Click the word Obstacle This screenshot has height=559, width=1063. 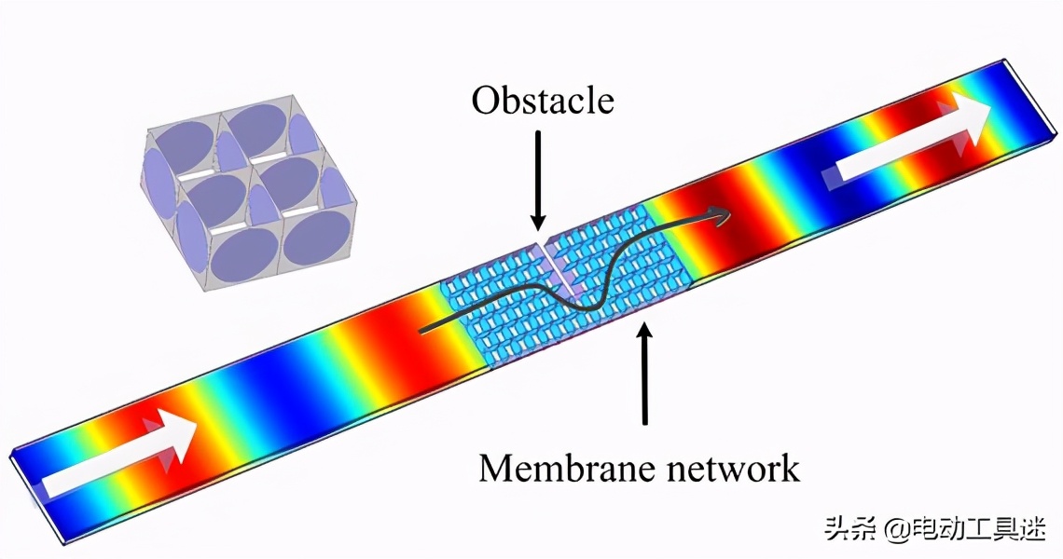pos(543,101)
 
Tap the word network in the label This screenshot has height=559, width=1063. pos(731,468)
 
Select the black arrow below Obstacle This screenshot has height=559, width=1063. pos(538,180)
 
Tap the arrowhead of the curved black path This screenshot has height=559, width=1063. pos(719,215)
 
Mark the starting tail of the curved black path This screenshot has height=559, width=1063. pos(421,332)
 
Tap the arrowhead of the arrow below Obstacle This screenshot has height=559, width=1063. pos(538,223)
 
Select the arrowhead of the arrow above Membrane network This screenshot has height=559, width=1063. pos(645,333)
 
